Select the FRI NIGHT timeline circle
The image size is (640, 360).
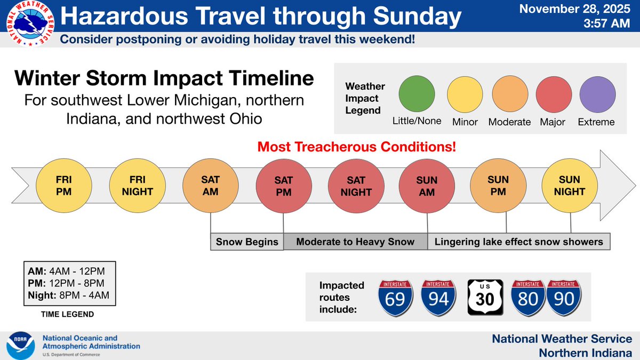[x=137, y=185]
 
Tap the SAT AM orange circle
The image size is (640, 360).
[x=211, y=185]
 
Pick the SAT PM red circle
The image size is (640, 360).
[x=284, y=185]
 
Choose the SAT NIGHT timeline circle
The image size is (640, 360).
[x=356, y=185]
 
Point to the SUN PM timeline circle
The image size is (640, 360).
[x=498, y=185]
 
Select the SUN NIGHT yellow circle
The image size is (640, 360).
[x=570, y=185]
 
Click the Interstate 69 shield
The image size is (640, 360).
[x=396, y=298]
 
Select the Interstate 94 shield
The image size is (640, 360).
[x=439, y=298]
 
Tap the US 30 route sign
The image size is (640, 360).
[x=485, y=298]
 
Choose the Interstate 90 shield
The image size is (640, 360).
[x=564, y=298]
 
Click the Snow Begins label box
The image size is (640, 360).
[x=247, y=242]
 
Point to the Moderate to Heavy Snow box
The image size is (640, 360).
[x=355, y=242]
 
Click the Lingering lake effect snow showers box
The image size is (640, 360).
[x=518, y=242]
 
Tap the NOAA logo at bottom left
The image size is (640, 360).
[x=21, y=345]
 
